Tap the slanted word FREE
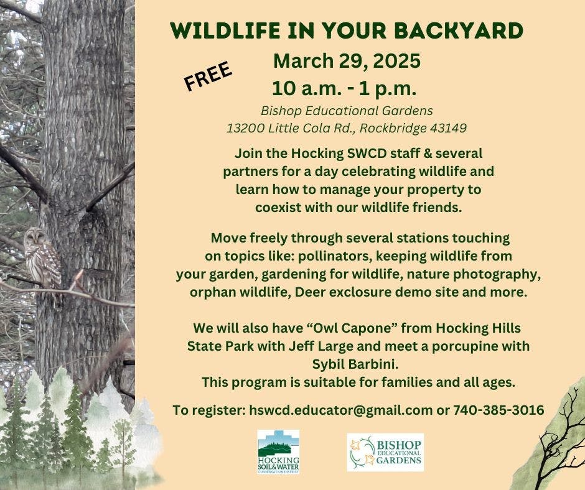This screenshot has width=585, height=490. click(x=208, y=76)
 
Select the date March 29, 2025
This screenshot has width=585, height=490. click(x=347, y=61)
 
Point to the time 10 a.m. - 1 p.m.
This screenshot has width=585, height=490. click(x=344, y=89)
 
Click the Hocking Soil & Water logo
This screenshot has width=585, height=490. click(x=278, y=451)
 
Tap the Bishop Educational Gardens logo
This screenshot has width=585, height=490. click(x=385, y=452)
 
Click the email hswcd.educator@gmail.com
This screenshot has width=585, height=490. click(x=340, y=410)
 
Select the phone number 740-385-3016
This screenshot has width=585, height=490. click(x=498, y=410)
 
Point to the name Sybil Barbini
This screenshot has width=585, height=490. click(x=355, y=364)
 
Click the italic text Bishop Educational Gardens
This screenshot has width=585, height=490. click(x=347, y=111)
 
